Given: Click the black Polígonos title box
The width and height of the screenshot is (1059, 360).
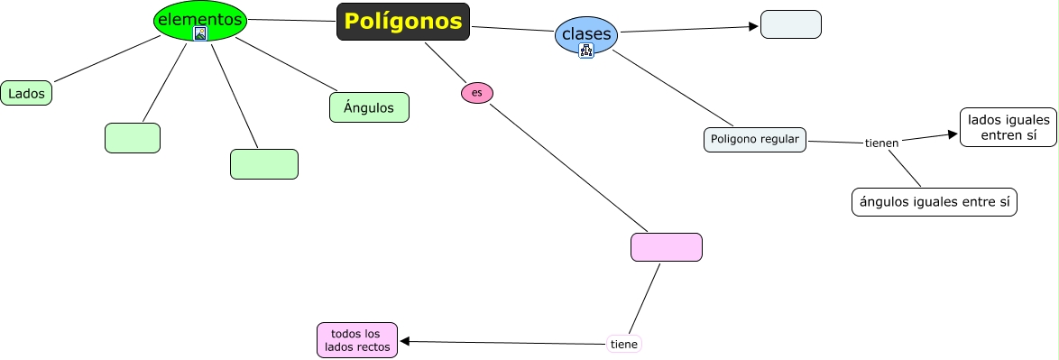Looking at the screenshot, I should click(x=403, y=22).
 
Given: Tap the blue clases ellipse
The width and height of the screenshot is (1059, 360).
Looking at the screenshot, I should click(x=586, y=34).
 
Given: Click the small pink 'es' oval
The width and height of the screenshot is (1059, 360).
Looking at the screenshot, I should click(x=477, y=93).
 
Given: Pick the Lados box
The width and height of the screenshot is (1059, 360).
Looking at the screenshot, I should click(x=26, y=93).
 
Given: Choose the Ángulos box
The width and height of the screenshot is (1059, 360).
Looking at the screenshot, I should click(x=369, y=107).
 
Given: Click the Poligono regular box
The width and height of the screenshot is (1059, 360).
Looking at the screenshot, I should click(x=754, y=139).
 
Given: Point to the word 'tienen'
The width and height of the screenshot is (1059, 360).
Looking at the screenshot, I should click(x=881, y=143).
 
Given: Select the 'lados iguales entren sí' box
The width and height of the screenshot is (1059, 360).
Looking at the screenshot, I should click(x=1008, y=127).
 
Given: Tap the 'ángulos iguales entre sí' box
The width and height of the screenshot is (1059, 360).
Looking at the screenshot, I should click(x=934, y=202).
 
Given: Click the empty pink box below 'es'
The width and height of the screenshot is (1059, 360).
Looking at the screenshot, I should click(x=666, y=247).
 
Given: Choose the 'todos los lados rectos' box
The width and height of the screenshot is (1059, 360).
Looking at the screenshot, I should click(x=357, y=340).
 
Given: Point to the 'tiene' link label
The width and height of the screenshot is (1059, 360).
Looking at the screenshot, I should click(x=623, y=344).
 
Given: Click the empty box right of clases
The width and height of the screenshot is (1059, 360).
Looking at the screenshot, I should click(x=790, y=24).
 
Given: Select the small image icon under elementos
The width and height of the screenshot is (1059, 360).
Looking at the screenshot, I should click(x=200, y=33).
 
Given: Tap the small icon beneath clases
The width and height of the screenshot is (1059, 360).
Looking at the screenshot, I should click(x=586, y=51).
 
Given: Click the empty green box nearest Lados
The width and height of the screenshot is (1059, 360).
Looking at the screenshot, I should click(x=132, y=138).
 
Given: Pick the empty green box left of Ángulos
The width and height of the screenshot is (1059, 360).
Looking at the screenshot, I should click(x=263, y=164).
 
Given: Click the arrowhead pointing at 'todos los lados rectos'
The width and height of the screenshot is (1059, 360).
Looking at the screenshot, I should click(x=405, y=341).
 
